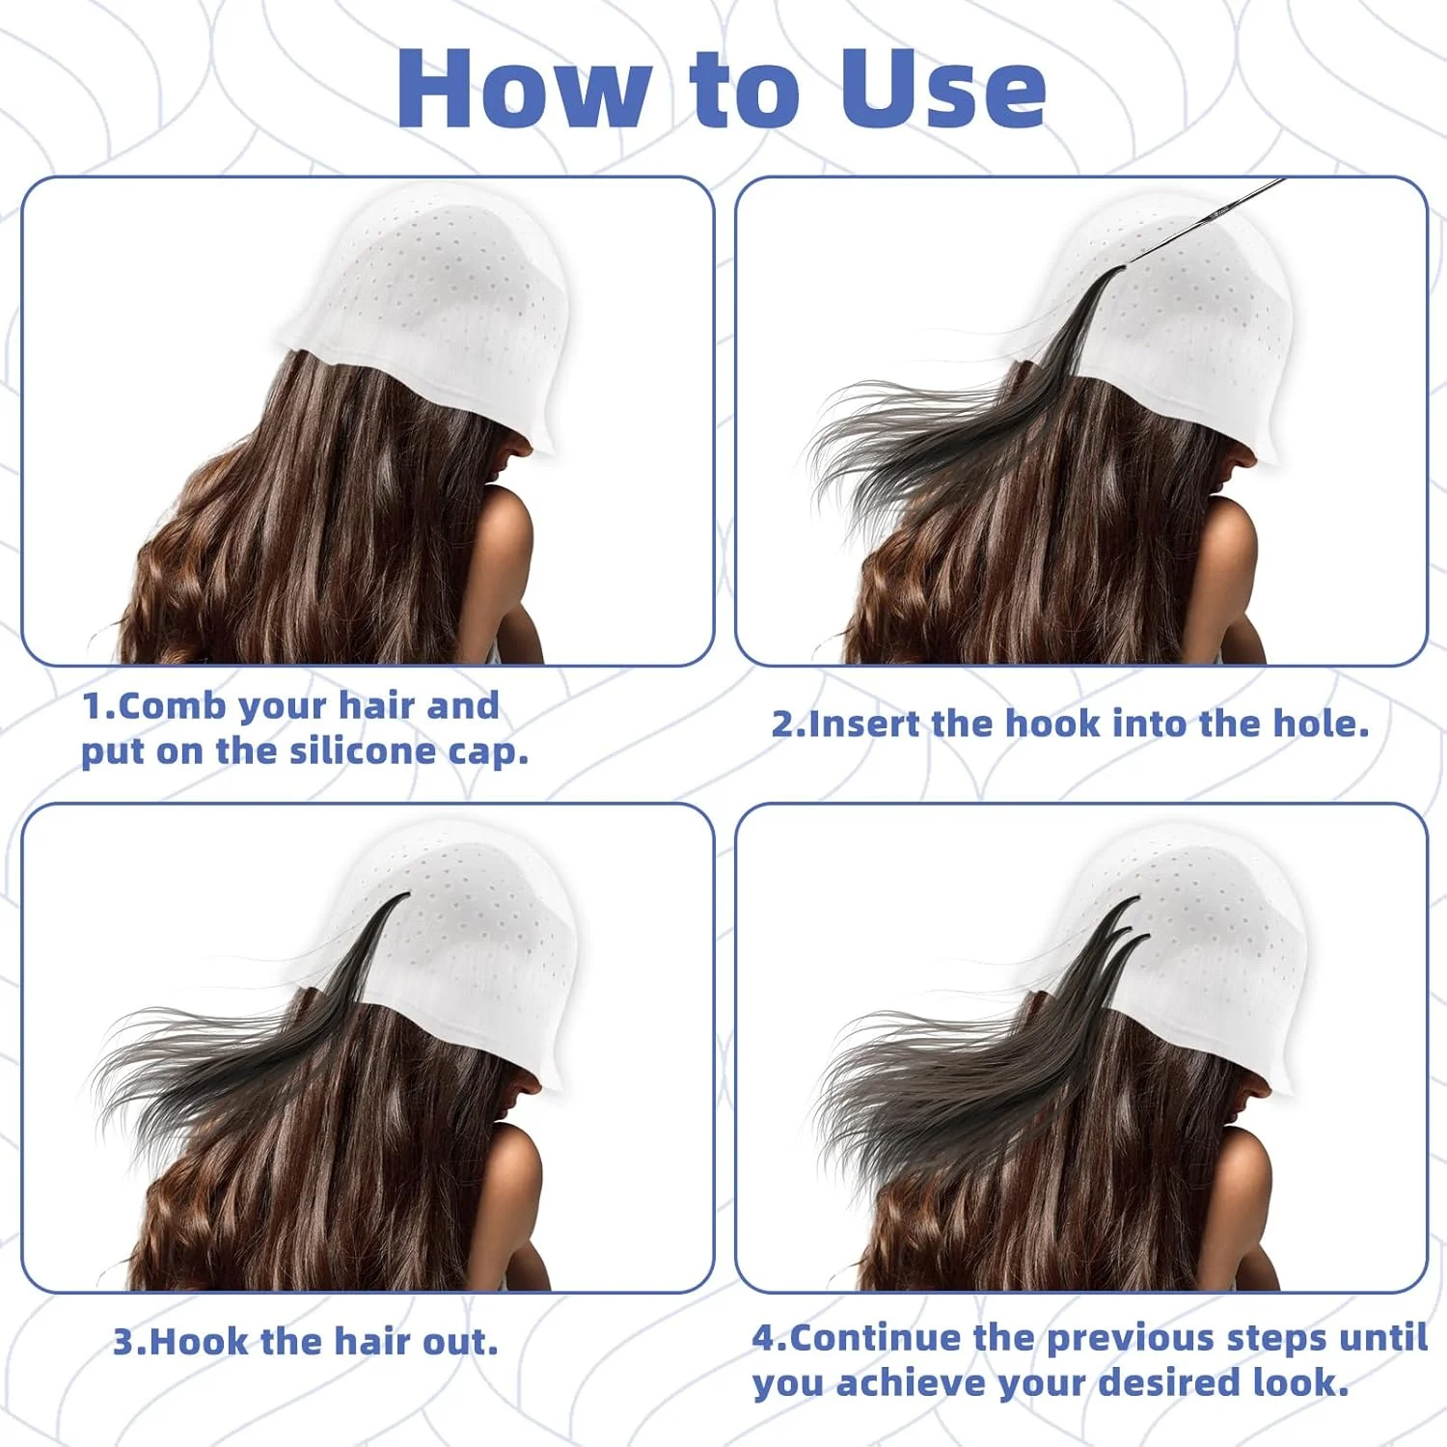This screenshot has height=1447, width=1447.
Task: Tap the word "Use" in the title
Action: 943,89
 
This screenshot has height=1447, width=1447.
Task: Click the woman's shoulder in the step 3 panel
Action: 511,1196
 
